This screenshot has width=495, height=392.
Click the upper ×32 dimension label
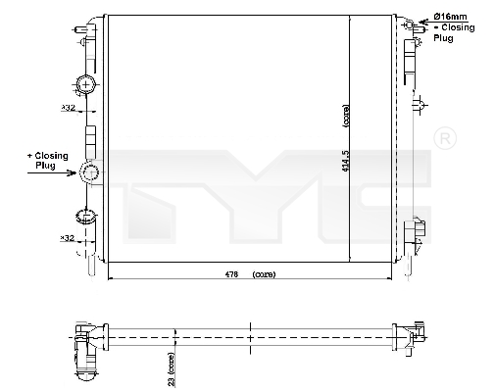coord(68,110)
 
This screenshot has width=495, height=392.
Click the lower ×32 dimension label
coord(68,237)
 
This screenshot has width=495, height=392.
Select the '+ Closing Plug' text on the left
coord(46,161)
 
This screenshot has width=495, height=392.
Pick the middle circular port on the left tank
coord(89,173)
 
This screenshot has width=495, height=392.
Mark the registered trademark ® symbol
coord(443,138)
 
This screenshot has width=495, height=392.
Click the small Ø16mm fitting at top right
coord(416,26)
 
